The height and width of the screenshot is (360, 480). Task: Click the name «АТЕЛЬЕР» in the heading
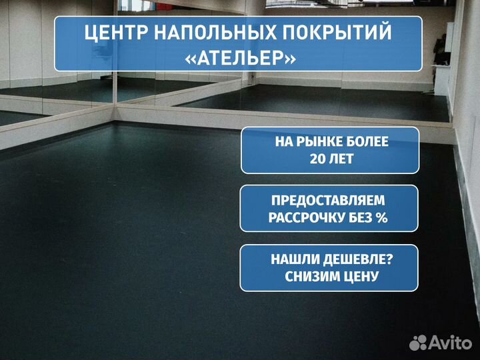[240, 57]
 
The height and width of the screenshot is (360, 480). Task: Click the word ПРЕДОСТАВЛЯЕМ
[328, 201]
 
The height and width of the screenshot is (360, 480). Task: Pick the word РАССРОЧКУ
[307, 218]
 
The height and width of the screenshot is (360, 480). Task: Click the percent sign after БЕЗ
[382, 217]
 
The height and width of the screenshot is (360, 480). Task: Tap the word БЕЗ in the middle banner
[361, 217]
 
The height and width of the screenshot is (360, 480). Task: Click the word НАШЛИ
[295, 259]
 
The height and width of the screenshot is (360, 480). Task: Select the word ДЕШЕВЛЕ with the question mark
[358, 259]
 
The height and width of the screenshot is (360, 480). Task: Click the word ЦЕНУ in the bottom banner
[360, 277]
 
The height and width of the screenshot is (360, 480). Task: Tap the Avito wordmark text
[450, 342]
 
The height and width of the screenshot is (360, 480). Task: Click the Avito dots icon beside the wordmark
[418, 343]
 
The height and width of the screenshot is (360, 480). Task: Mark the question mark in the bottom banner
[389, 259]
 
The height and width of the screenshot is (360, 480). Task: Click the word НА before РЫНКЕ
[284, 142]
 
